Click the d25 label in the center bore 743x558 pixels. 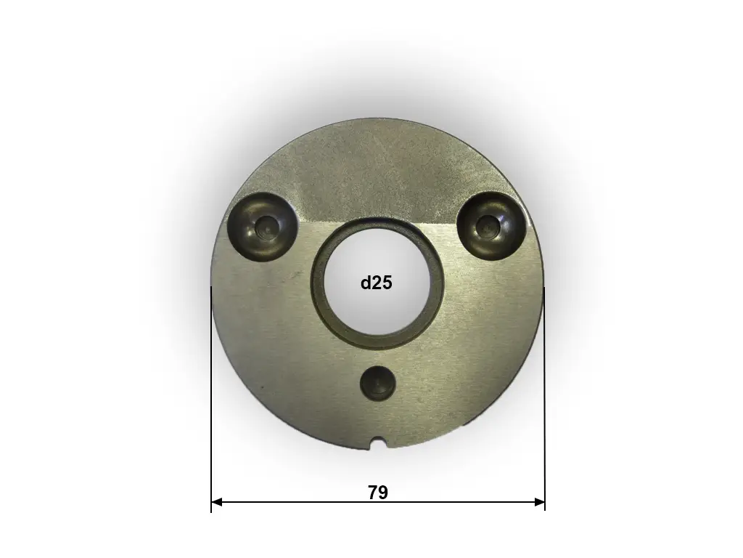[377, 283]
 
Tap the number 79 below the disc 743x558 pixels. [377, 493]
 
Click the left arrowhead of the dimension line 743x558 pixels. [216, 502]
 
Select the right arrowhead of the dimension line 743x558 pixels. [539, 502]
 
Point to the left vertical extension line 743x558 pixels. [211, 399]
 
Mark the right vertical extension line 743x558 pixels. [545, 399]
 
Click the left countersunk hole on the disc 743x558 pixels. [263, 227]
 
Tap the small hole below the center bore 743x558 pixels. [377, 382]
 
